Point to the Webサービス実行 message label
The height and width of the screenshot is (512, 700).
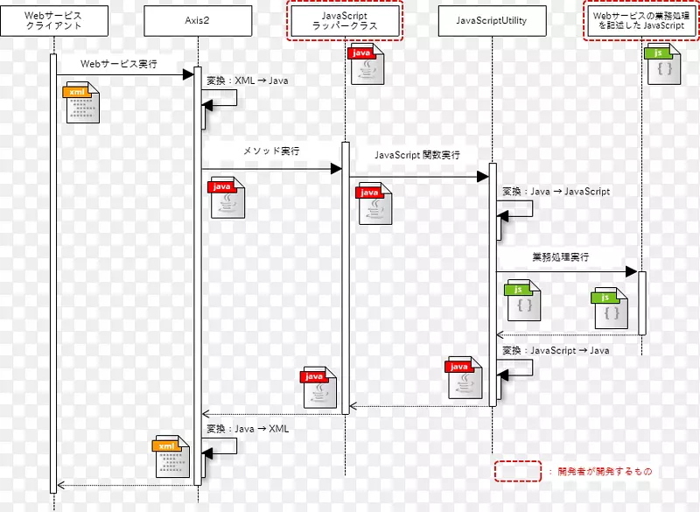[x=119, y=64]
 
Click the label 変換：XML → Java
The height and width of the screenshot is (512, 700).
[x=247, y=81]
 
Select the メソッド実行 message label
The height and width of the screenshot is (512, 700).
[x=271, y=151]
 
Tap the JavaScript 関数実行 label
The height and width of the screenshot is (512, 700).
[x=417, y=155]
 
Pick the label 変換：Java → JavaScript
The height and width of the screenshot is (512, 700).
[x=556, y=191]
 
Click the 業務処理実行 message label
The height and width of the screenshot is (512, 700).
[x=560, y=257]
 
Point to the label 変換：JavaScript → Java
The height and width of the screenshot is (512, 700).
[x=556, y=350]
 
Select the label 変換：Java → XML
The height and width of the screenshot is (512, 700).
[x=247, y=429]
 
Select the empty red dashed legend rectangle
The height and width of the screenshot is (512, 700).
[x=518, y=472]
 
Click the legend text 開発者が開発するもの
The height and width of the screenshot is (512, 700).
[x=605, y=472]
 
